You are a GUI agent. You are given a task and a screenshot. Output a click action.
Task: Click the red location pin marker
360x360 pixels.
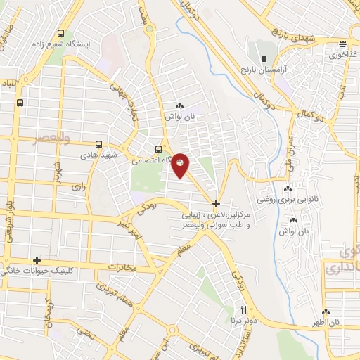[181, 165]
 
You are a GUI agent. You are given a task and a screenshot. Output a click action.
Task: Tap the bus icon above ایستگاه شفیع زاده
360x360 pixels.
[60, 33]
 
